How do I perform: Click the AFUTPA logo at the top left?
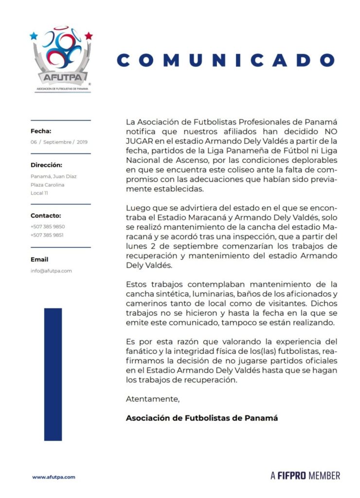pos(61,58)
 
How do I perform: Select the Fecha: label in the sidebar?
pos(41,131)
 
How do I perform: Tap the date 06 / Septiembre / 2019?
pos(59,142)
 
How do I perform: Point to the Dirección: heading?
pos(46,165)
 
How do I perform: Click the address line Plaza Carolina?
pos(47,185)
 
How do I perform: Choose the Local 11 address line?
pos(40,194)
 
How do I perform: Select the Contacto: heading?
pos(46,215)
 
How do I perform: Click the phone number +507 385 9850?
pos(48,227)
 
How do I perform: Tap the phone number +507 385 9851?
pos(48,235)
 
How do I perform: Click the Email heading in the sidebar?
pos(39,260)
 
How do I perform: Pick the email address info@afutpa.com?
pos(51,271)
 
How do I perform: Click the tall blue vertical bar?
pos(53,374)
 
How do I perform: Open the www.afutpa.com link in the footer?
pos(54,477)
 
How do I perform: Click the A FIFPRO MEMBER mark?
pos(305,475)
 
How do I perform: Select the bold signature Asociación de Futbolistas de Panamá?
pos(202,418)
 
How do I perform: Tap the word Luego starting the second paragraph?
pos(137,209)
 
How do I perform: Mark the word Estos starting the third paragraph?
pos(136,284)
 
